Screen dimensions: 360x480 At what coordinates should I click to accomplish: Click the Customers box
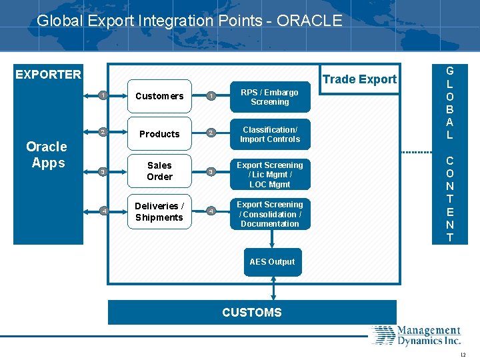[x=159, y=97]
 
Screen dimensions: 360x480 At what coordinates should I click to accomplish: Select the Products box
[x=159, y=134]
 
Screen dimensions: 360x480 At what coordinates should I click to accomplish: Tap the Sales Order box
[x=159, y=171]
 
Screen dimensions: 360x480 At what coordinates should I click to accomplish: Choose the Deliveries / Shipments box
[x=159, y=212]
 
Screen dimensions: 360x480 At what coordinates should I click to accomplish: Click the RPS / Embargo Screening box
[x=269, y=97]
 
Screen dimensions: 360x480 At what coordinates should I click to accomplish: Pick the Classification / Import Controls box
[x=269, y=135]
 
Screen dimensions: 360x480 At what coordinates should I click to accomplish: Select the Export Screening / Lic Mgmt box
[x=269, y=175]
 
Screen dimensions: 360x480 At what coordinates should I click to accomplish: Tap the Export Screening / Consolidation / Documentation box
[x=269, y=214]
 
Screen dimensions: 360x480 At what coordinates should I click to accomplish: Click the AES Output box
[x=272, y=262]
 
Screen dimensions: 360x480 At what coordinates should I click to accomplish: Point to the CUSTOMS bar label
[x=252, y=313]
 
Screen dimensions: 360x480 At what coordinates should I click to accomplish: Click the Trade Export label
[x=359, y=79]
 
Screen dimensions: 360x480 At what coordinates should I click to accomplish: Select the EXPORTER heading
[x=48, y=75]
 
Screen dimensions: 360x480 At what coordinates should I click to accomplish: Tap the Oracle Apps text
[x=47, y=155]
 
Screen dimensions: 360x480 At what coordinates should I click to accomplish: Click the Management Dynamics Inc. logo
[x=417, y=335]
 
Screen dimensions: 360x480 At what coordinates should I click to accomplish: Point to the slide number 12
[x=463, y=355]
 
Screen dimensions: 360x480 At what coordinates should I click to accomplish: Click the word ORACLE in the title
[x=309, y=21]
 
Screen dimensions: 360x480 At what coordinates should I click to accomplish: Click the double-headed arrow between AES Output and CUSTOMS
[x=273, y=287]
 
